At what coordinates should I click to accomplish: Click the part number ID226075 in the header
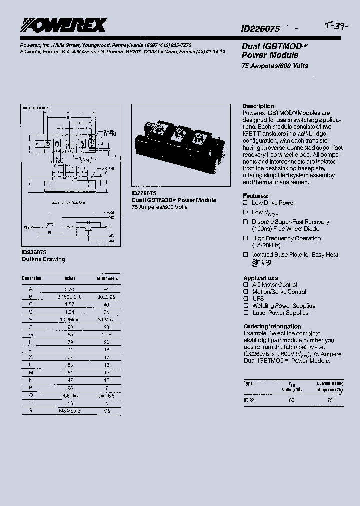(260, 29)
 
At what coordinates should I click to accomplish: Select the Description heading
(258, 106)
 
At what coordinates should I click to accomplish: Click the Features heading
(256, 196)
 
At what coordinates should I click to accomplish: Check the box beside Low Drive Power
(245, 203)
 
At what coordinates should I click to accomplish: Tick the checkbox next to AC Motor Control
(245, 285)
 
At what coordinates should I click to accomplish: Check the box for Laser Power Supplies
(245, 313)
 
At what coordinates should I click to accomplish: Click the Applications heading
(261, 278)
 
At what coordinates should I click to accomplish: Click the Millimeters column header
(107, 278)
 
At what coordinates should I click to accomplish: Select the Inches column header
(69, 278)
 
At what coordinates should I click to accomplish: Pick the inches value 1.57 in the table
(69, 303)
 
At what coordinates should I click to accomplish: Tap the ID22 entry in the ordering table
(249, 400)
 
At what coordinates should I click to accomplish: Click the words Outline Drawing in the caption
(43, 260)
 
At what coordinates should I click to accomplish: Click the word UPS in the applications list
(258, 299)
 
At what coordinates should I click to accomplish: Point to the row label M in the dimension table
(31, 372)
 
